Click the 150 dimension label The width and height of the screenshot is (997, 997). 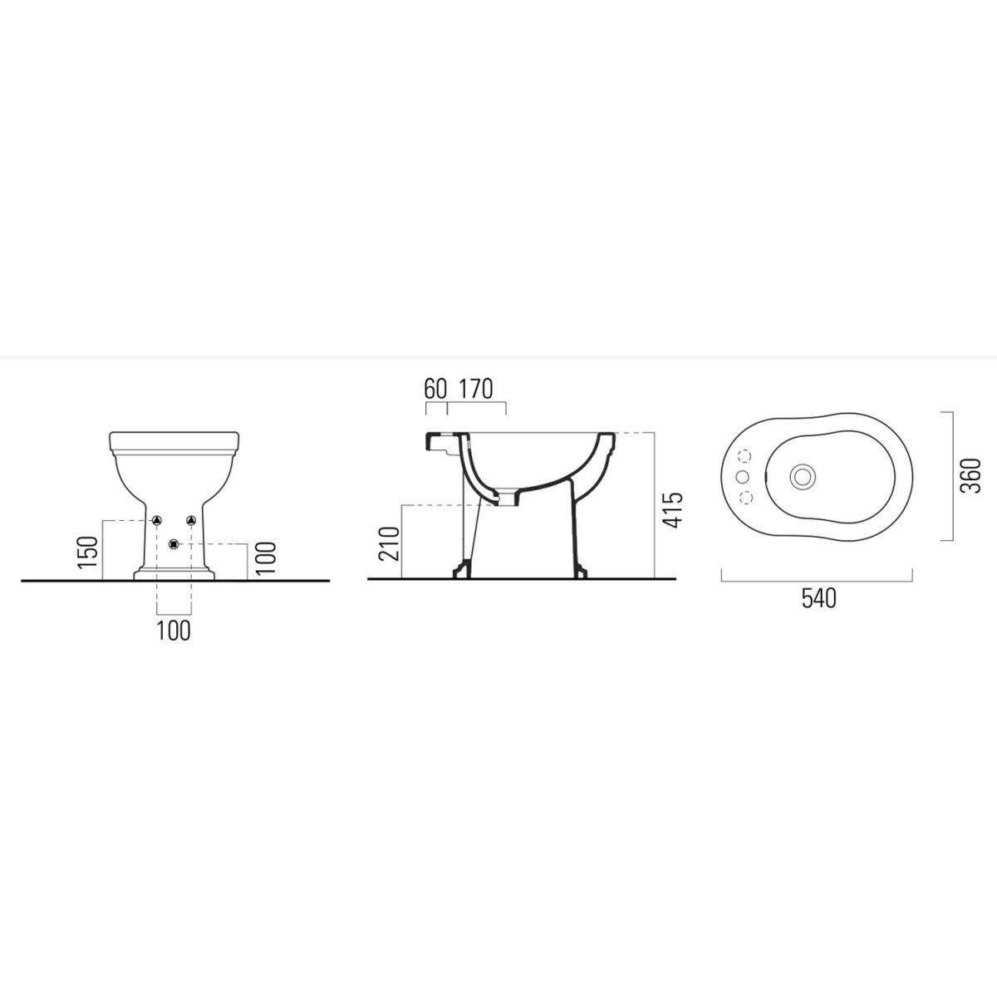tap(88, 553)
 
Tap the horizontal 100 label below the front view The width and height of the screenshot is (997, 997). tap(174, 631)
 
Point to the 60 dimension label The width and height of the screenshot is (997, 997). tap(435, 389)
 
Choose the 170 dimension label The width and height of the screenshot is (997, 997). tap(476, 389)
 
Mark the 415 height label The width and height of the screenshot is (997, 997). tap(673, 510)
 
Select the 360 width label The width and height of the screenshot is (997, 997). tap(971, 476)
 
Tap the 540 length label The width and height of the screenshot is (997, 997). tap(819, 598)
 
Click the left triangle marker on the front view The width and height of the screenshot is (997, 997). tap(157, 520)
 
